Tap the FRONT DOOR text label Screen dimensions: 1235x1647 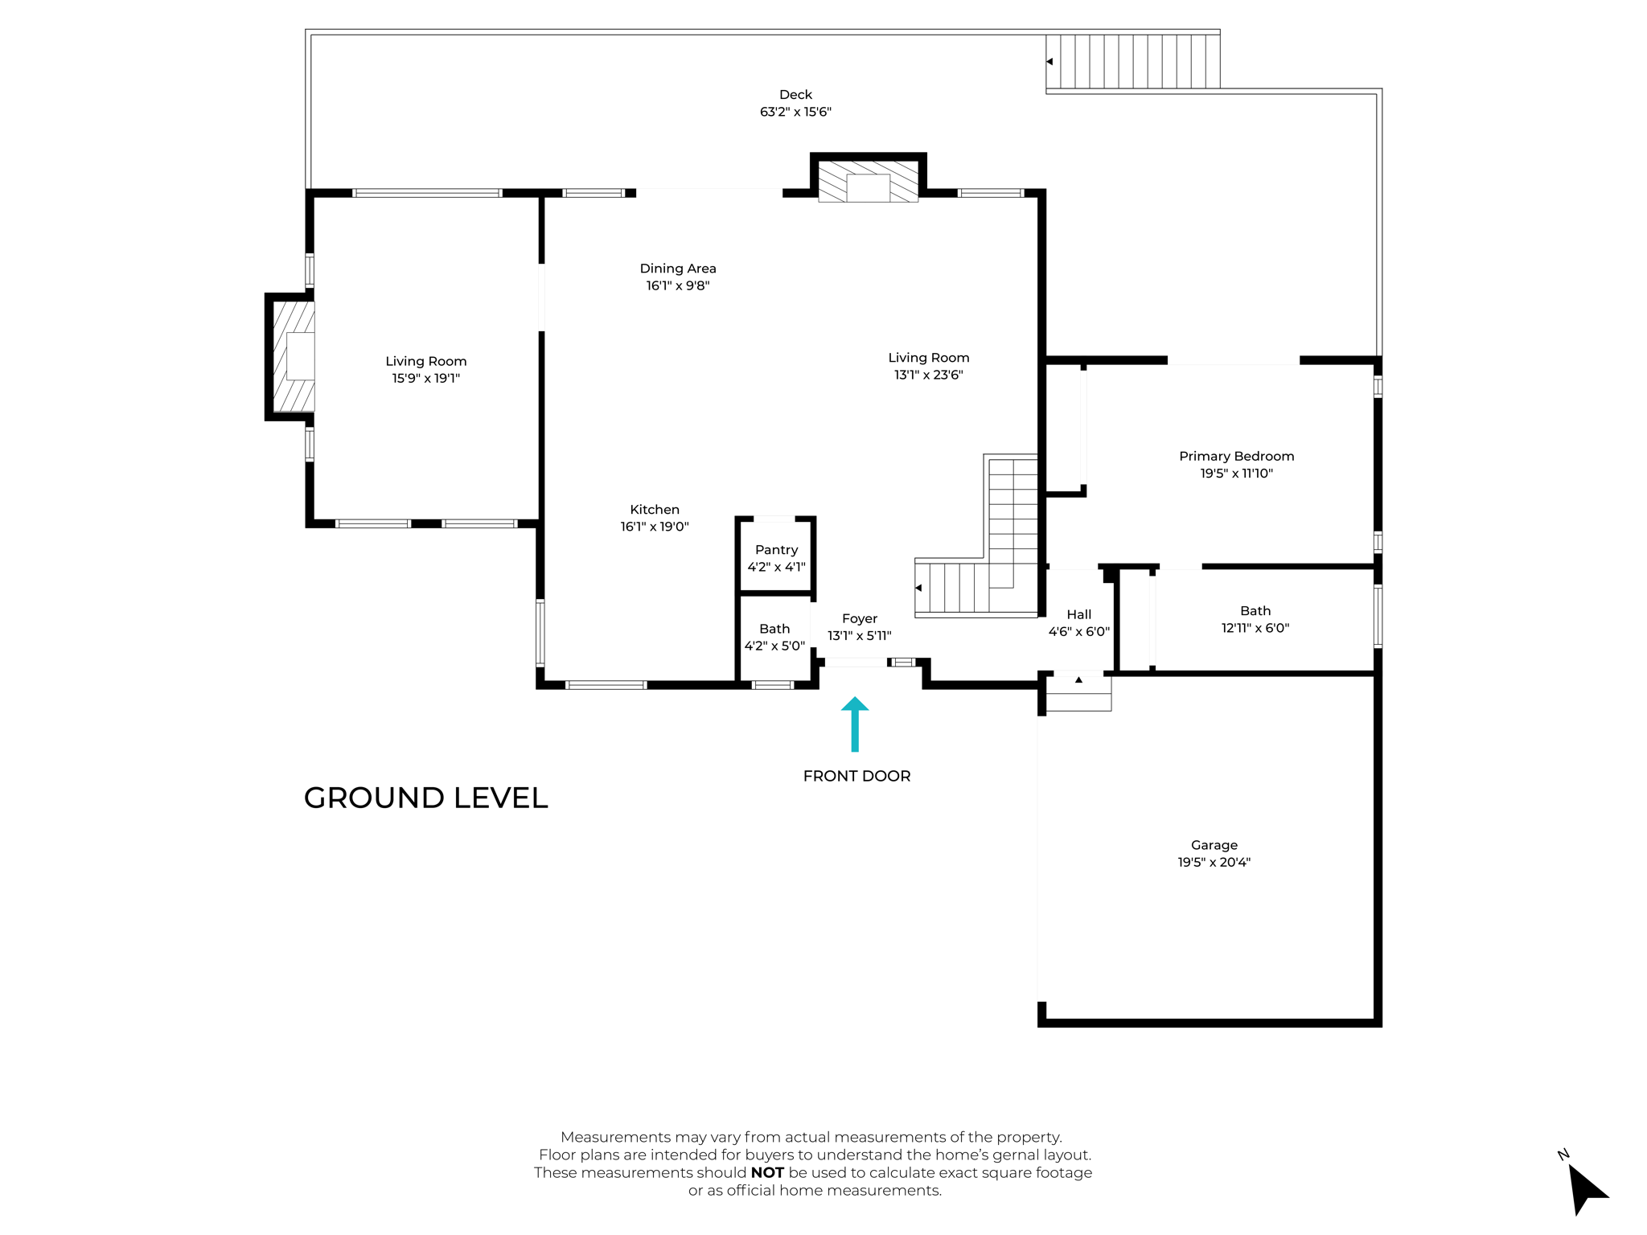856,776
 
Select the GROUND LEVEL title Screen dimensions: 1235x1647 425,798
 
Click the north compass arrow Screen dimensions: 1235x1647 1586,1188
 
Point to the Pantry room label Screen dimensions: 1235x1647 776,550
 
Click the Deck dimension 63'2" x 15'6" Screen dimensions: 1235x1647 795,112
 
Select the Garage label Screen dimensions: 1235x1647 1214,845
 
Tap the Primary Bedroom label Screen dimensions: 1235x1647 1236,456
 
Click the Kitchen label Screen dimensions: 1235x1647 654,509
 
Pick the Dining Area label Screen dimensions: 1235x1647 677,269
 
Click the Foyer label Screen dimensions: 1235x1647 859,618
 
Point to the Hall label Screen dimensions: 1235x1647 1078,614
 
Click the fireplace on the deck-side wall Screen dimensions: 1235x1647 868,182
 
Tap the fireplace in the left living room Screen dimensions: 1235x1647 294,356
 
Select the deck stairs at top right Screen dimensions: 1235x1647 1134,61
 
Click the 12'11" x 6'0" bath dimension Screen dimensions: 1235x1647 1255,628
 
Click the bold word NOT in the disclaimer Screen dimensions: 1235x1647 766,1172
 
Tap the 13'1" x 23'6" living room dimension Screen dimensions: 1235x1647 928,375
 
